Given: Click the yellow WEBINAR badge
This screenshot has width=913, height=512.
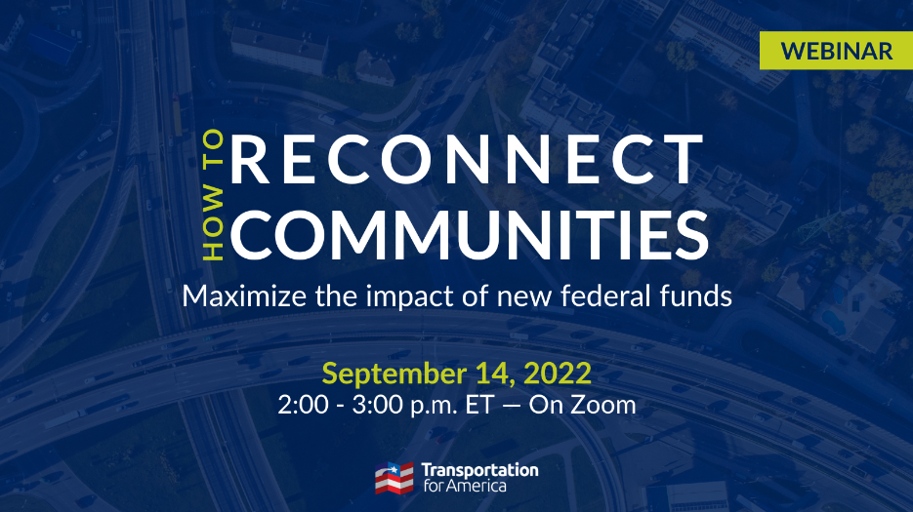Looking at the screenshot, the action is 836,51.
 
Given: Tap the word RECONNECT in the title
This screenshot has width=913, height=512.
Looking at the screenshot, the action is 467,159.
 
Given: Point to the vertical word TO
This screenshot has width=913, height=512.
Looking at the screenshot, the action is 213,148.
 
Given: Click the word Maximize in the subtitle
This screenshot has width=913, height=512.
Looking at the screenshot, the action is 244,295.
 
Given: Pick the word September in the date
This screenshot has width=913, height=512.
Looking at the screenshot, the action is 394,374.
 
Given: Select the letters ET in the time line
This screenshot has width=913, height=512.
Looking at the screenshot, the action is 479,405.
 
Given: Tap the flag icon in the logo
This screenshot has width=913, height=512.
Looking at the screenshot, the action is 394,478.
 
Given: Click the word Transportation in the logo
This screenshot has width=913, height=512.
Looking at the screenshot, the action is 479,470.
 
